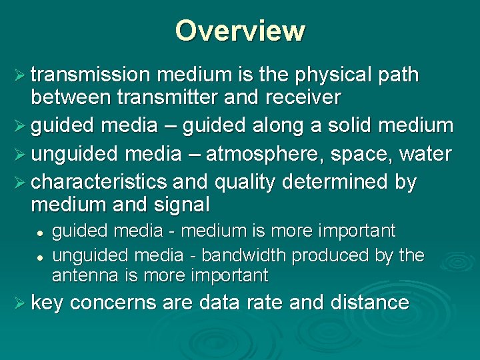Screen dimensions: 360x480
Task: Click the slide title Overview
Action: (x=240, y=31)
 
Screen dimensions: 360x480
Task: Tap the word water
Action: (x=425, y=154)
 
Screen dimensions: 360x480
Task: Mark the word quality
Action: (x=239, y=182)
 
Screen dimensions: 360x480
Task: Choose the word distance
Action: (x=369, y=303)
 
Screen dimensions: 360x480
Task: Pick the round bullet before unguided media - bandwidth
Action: (x=41, y=256)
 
